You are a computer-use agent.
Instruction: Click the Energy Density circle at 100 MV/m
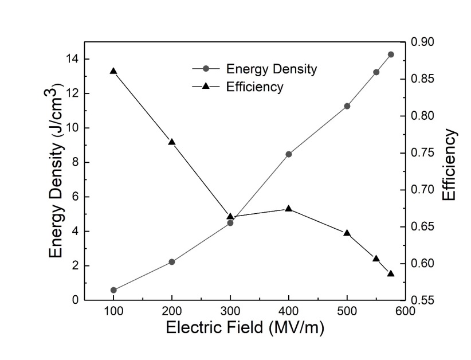point(113,290)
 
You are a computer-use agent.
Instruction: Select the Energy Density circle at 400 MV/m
point(289,154)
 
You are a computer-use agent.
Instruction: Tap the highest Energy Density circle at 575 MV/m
point(391,54)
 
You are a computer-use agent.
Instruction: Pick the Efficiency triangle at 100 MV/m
point(113,71)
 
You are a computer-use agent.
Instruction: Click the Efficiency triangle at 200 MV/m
point(172,142)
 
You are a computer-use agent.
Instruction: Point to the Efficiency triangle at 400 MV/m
point(289,209)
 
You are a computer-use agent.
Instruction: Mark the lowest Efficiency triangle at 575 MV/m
point(391,273)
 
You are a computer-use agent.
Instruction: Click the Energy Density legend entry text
point(272,69)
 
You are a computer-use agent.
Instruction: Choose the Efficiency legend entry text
point(255,87)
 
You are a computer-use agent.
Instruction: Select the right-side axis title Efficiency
point(450,165)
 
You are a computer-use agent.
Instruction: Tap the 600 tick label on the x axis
point(405,311)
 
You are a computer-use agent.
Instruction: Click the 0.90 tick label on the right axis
point(423,42)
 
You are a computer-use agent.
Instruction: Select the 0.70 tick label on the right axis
point(423,190)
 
